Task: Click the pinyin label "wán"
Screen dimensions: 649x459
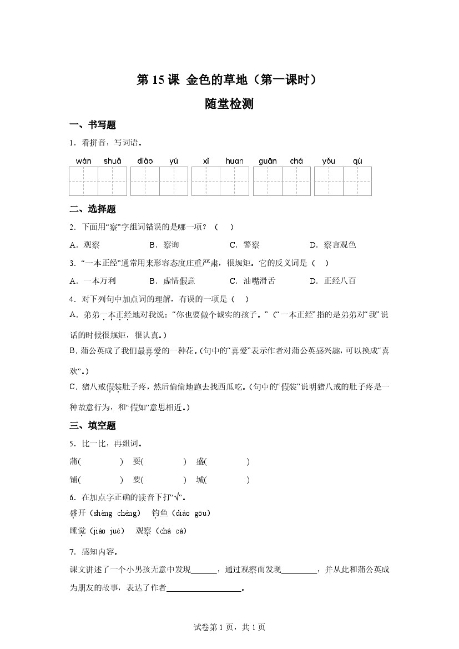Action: pyautogui.click(x=84, y=161)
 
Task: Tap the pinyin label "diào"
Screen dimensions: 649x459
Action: pyautogui.click(x=145, y=161)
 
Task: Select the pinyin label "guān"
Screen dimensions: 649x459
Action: pyautogui.click(x=268, y=161)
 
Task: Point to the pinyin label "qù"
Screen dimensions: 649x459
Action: pyautogui.click(x=357, y=161)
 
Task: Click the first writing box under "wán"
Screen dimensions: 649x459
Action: pyautogui.click(x=83, y=181)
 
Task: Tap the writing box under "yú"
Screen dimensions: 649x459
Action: pyautogui.click(x=174, y=181)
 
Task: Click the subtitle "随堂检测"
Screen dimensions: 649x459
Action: pyautogui.click(x=229, y=104)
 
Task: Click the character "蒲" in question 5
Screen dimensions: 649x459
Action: pyautogui.click(x=74, y=462)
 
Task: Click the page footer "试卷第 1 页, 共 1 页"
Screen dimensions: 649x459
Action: pyautogui.click(x=229, y=627)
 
